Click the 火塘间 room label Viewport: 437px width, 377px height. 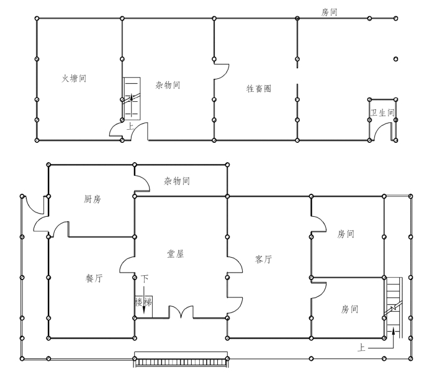pyautogui.click(x=74, y=78)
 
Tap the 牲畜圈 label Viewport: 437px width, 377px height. pyautogui.click(x=259, y=89)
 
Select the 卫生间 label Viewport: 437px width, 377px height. pyautogui.click(x=382, y=112)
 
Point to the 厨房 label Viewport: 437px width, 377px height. pyautogui.click(x=92, y=199)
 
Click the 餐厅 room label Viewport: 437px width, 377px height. pyautogui.click(x=94, y=278)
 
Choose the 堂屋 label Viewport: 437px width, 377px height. pyautogui.click(x=175, y=254)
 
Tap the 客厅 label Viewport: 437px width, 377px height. pyautogui.click(x=263, y=260)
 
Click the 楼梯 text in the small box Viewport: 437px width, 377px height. pyautogui.click(x=143, y=302)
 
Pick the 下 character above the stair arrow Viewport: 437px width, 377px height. pyautogui.click(x=145, y=278)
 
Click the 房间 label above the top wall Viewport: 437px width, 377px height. pyautogui.click(x=329, y=12)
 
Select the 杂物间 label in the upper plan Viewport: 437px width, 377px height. pyautogui.click(x=168, y=84)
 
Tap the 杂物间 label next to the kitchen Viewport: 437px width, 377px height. pyautogui.click(x=177, y=181)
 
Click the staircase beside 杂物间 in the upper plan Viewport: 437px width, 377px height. pyautogui.click(x=132, y=98)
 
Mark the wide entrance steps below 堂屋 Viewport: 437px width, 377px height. pyautogui.click(x=181, y=362)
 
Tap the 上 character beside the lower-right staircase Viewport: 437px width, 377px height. pyautogui.click(x=361, y=347)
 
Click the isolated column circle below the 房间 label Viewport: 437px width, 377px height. pyautogui.click(x=395, y=59)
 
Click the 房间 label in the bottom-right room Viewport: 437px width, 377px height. pyautogui.click(x=349, y=309)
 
